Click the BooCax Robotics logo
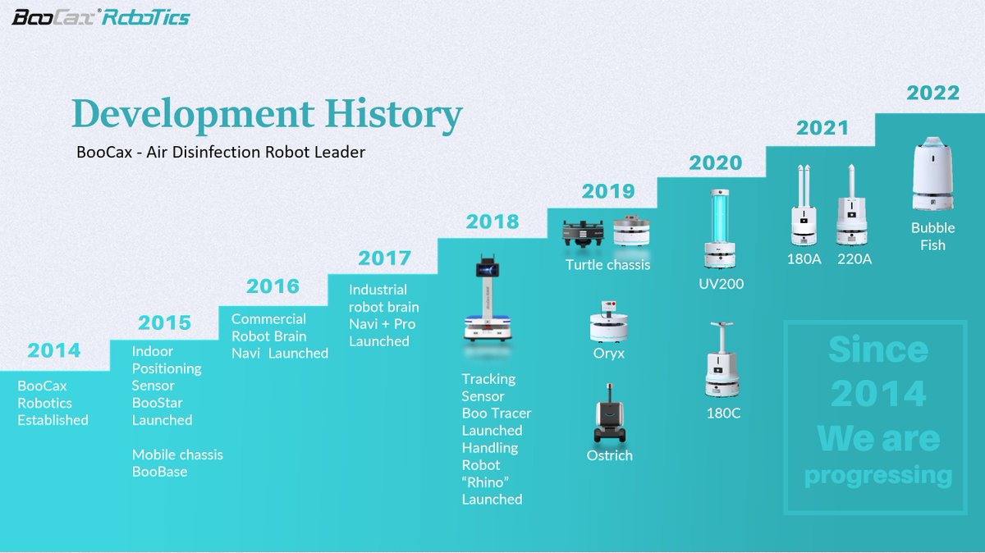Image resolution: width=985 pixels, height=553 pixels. [x=100, y=16]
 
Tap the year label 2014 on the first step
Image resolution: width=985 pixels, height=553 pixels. [x=54, y=351]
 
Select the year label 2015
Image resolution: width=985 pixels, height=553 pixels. [x=164, y=322]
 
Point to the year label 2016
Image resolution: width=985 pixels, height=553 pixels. [x=273, y=287]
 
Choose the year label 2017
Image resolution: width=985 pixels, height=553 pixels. [x=384, y=258]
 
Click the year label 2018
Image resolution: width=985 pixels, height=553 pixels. [x=492, y=222]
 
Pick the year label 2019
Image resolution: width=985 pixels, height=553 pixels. [x=608, y=192]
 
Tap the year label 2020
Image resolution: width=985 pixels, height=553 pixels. [x=715, y=162]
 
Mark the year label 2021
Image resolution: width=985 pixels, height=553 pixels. [x=822, y=128]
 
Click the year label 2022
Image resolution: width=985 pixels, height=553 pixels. [x=932, y=93]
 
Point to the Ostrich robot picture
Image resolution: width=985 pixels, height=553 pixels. [x=609, y=422]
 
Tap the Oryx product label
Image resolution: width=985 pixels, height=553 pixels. [x=609, y=354]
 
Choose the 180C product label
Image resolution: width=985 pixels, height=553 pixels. [x=723, y=413]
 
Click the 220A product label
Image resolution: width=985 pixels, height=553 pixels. [x=854, y=259]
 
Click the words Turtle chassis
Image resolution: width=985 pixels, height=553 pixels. [x=607, y=264]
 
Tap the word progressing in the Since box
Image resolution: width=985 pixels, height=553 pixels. [x=878, y=475]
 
